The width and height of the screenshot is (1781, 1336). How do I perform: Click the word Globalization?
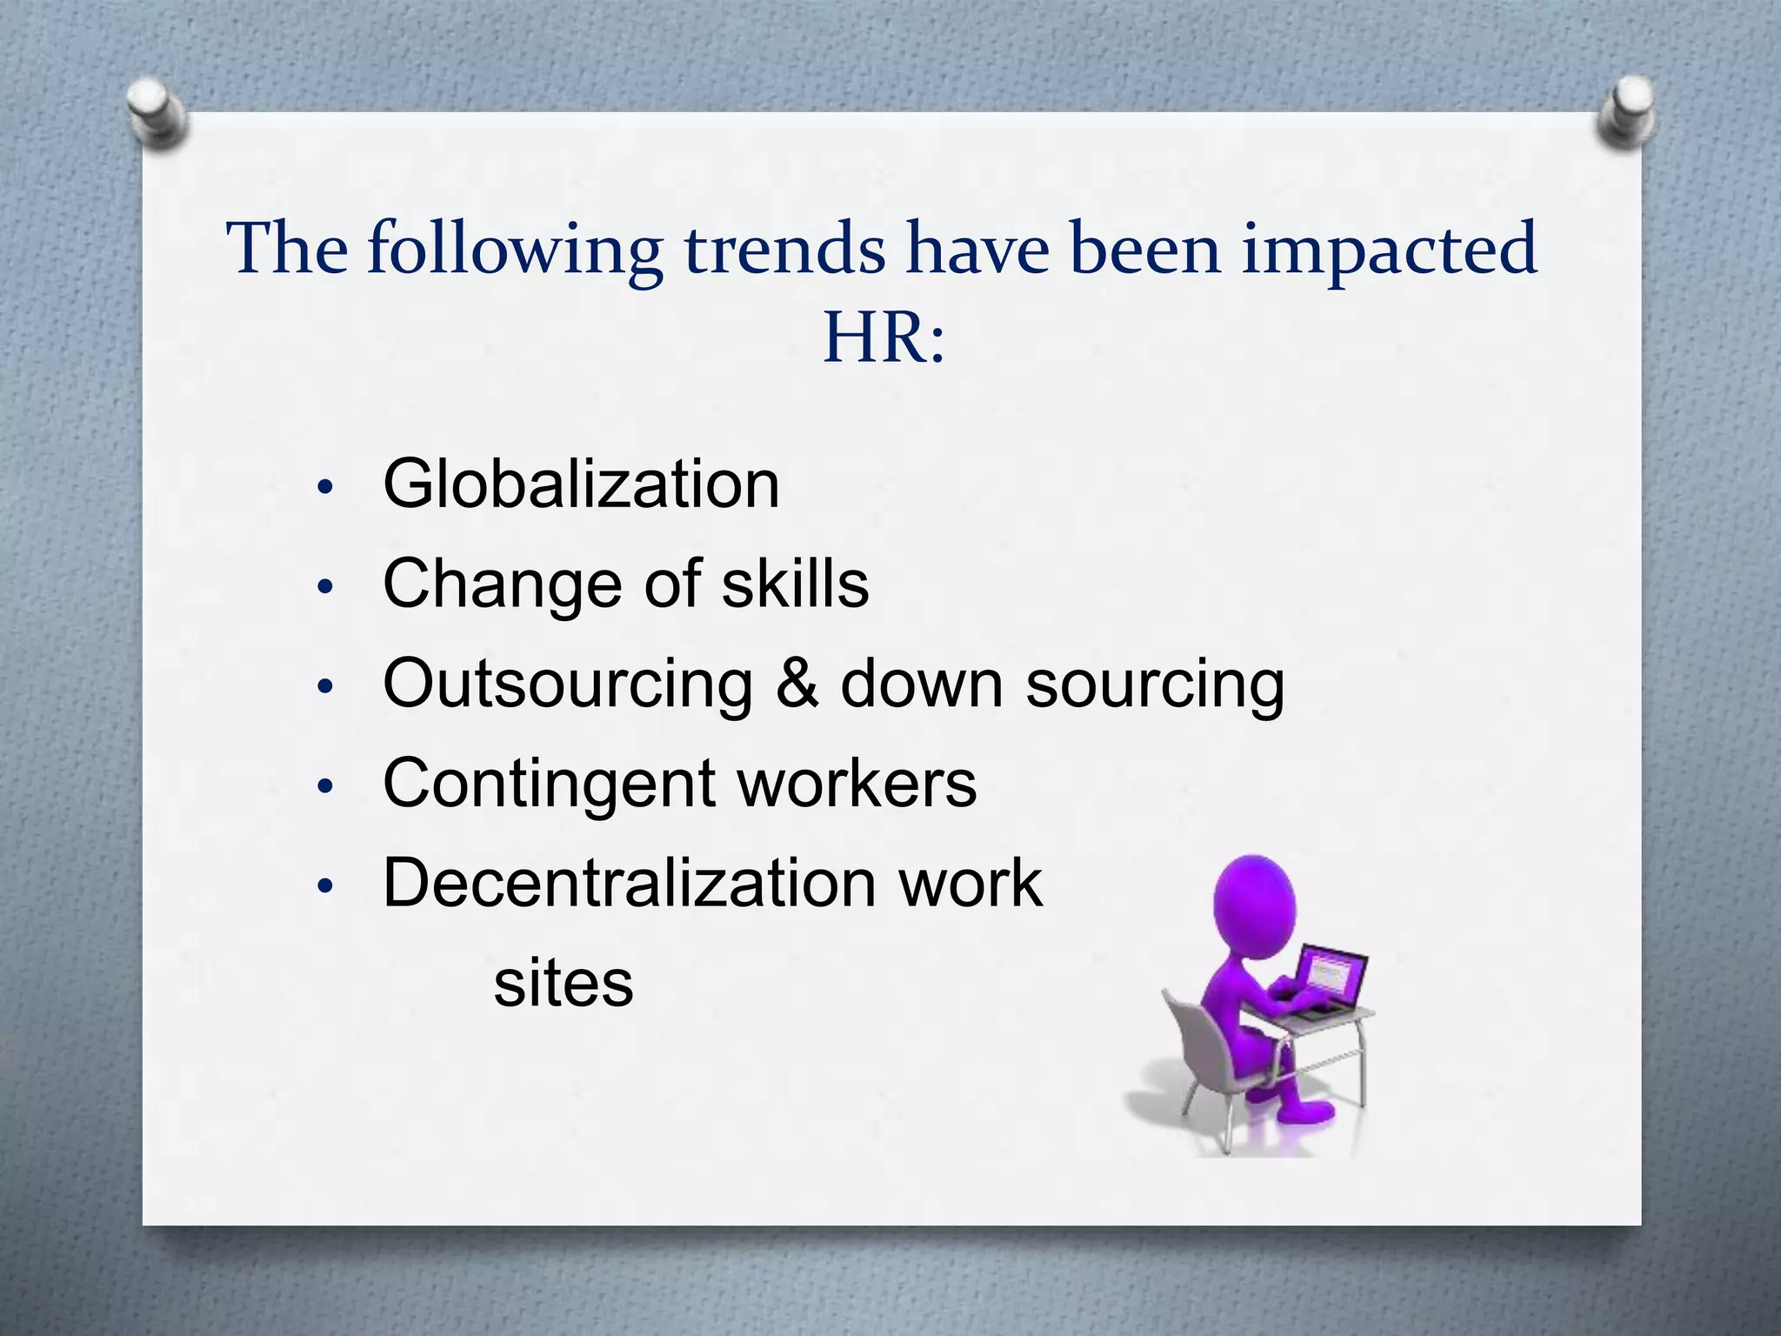[x=581, y=484]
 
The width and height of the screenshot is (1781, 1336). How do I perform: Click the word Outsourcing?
[x=568, y=684]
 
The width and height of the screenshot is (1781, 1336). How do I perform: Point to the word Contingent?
[x=548, y=783]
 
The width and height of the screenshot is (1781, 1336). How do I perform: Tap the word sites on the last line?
[x=564, y=983]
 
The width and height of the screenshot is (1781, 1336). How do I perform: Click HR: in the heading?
[x=883, y=337]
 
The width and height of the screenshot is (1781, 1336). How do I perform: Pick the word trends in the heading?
[x=784, y=249]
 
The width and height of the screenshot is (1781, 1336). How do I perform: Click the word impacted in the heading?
[x=1389, y=249]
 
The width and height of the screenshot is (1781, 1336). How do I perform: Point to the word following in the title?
[x=515, y=250]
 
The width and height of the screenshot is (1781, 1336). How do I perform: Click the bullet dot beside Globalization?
[x=325, y=488]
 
